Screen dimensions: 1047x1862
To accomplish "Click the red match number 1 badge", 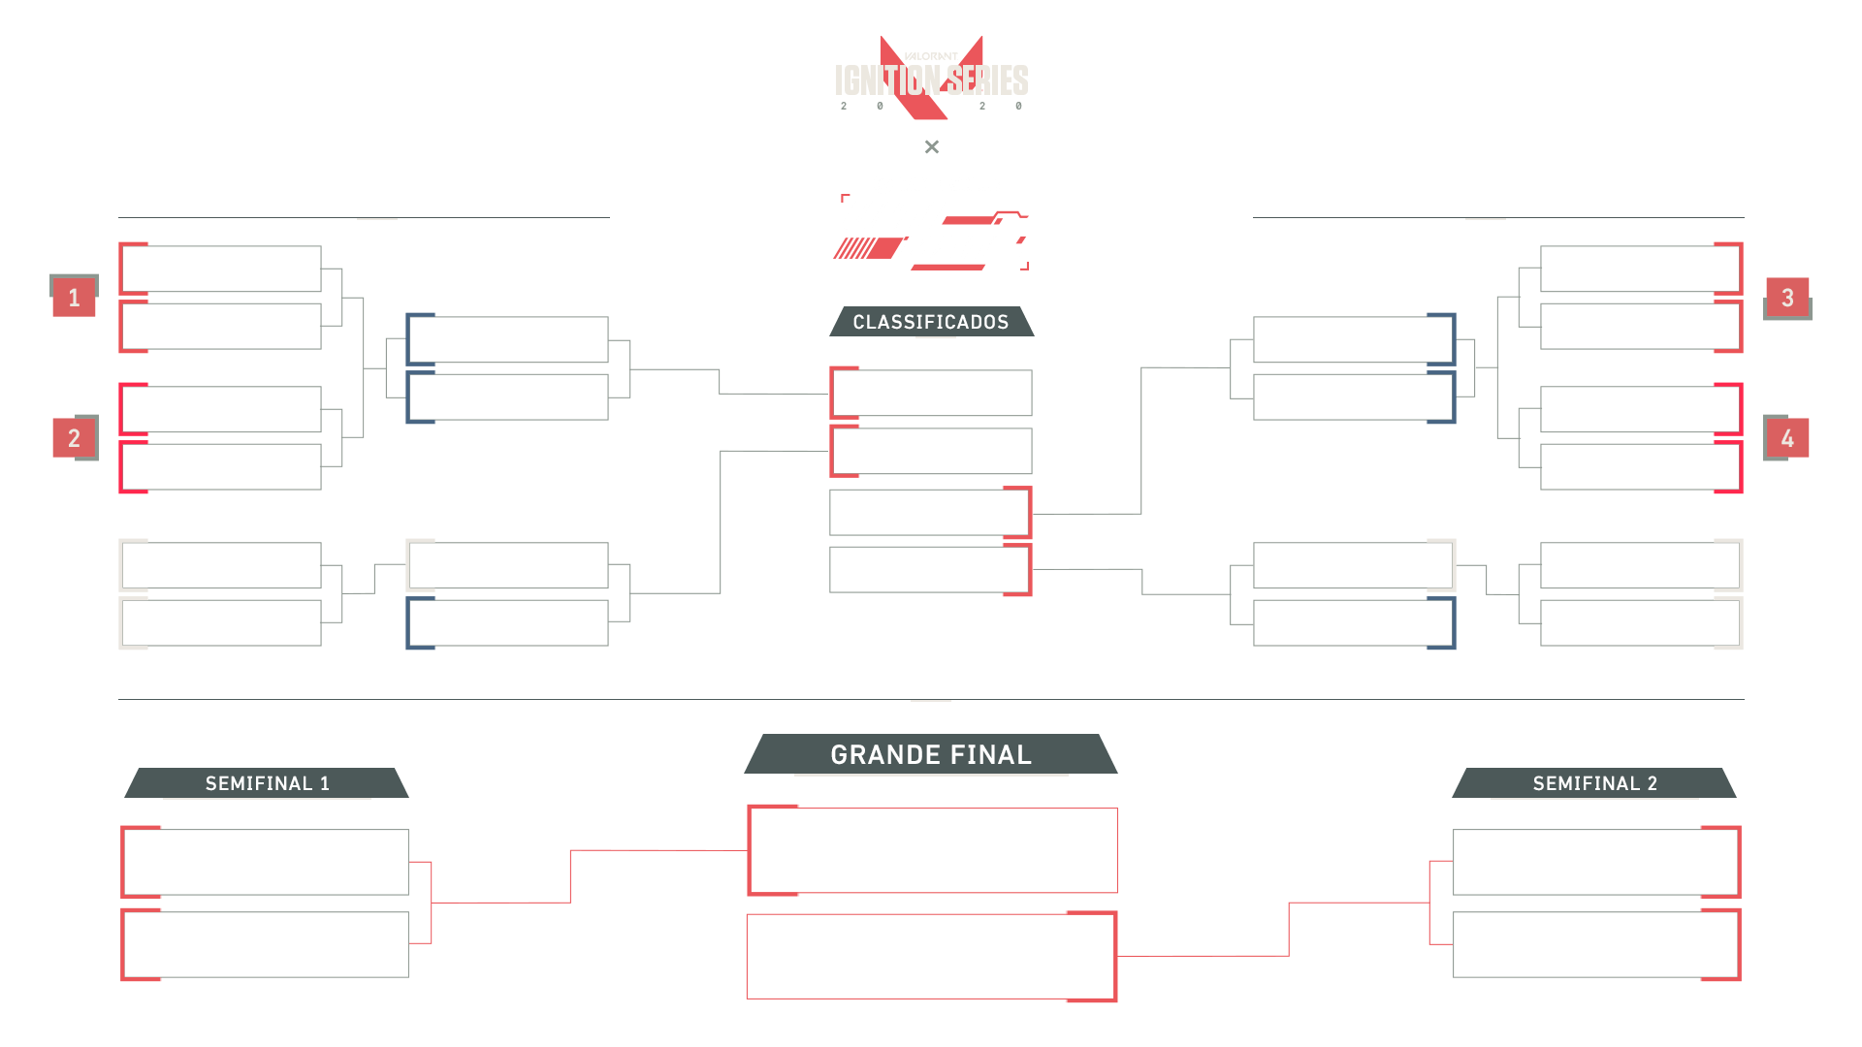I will click(74, 298).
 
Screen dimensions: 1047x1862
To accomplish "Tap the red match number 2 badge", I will click(74, 438).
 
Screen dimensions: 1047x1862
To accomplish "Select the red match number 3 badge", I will click(1787, 298).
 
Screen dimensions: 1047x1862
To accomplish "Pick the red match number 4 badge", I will click(1787, 438).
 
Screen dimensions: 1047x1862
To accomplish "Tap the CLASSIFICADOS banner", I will click(931, 322).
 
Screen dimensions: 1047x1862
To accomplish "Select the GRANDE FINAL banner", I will click(931, 754).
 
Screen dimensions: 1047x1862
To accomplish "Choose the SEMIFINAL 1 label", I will click(267, 783).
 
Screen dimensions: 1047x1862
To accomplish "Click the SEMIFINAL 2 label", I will click(1594, 783).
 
